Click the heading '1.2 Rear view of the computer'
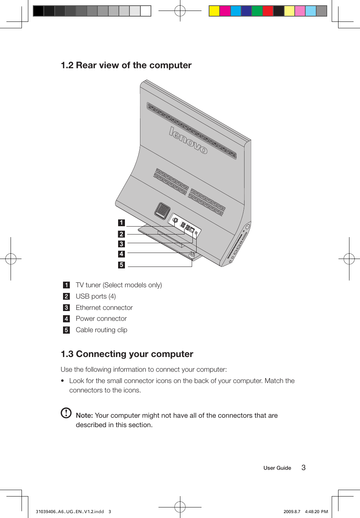coord(126,65)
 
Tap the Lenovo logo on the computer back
coord(188,141)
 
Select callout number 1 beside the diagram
coord(121,223)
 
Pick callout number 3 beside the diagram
coord(121,244)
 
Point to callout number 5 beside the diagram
coord(121,265)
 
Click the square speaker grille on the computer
coord(163,210)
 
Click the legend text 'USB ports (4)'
coord(96,296)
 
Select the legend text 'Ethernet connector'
coord(104,308)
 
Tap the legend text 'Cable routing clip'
coord(102,330)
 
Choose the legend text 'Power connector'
coord(101,319)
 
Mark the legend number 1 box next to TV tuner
coord(66,285)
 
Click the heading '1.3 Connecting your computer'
coord(127,354)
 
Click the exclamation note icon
coord(66,413)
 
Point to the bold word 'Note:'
coord(84,415)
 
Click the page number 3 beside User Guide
coord(303,467)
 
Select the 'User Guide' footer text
coord(277,468)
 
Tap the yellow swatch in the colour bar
coord(214,11)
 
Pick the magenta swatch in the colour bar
coord(225,11)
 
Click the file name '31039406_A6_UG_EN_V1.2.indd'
coord(70,512)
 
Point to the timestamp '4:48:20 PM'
coord(316,512)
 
